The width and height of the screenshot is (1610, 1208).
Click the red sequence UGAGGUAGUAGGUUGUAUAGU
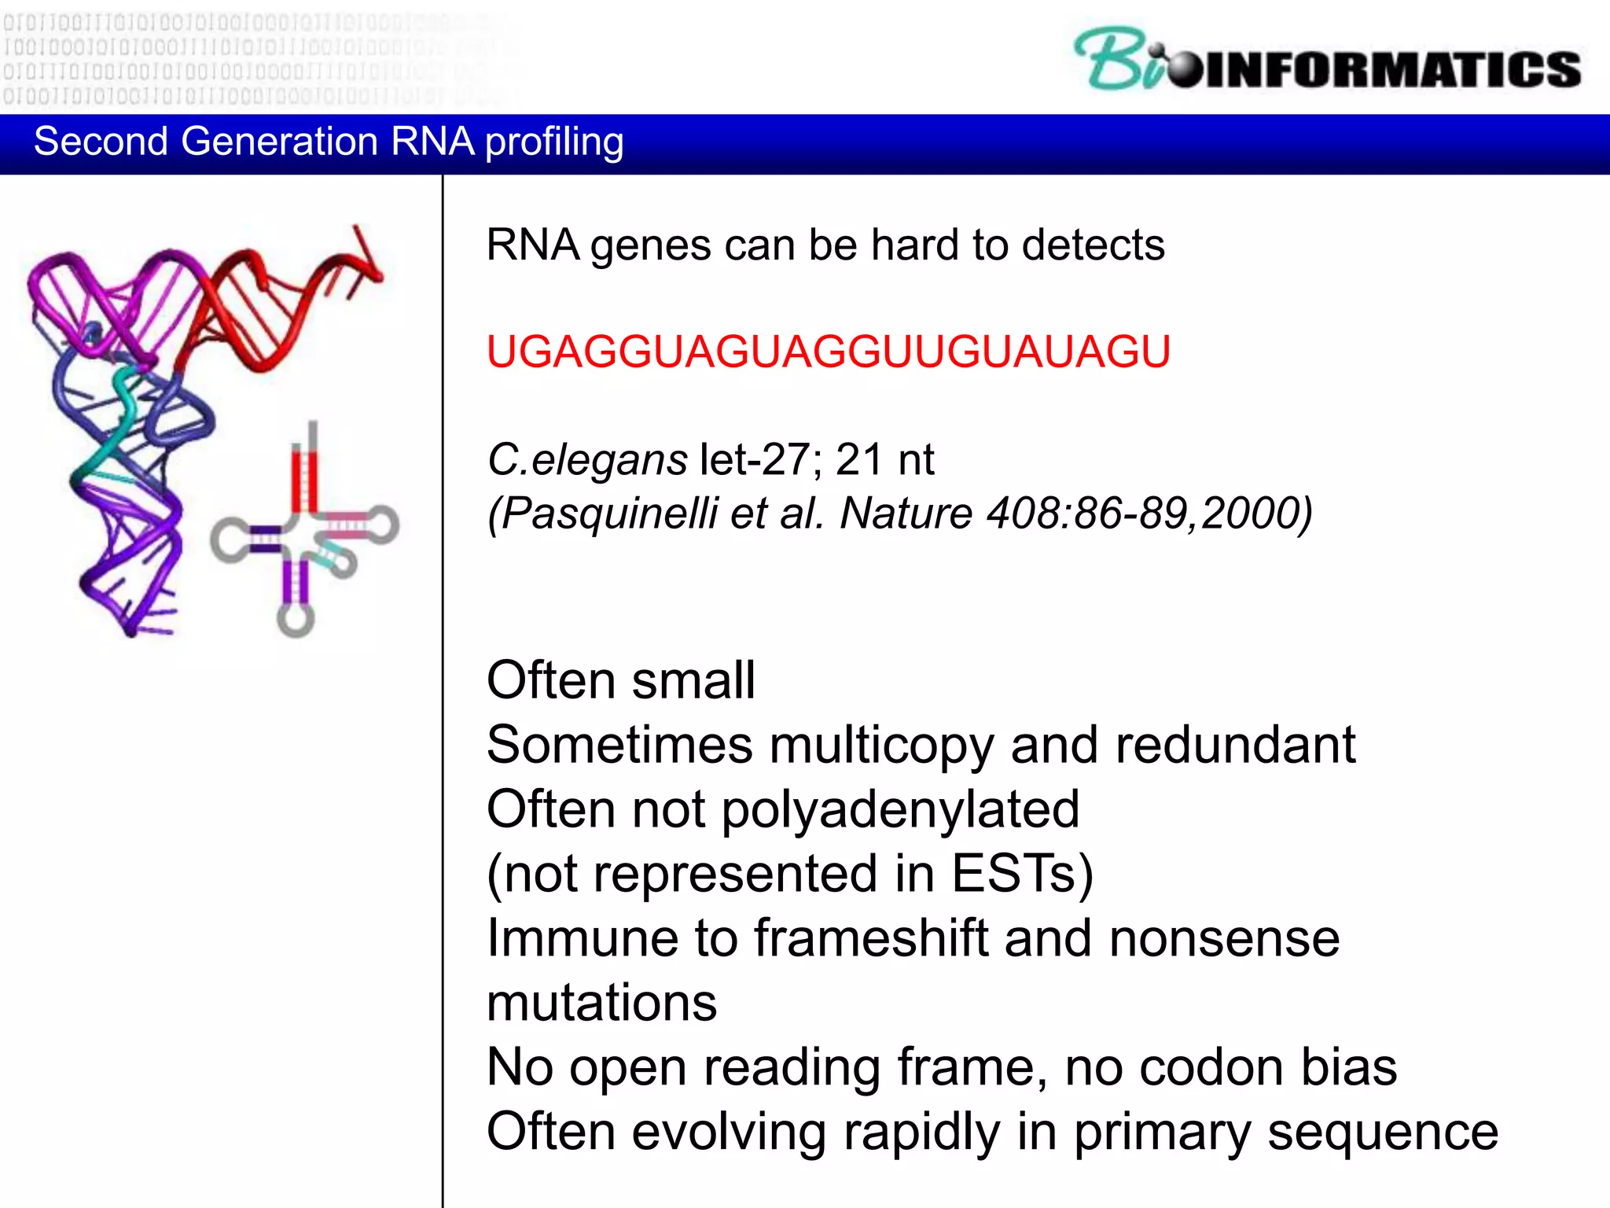[828, 352]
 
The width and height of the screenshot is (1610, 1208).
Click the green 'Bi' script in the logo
[1116, 61]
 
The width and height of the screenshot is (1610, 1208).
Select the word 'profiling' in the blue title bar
[554, 142]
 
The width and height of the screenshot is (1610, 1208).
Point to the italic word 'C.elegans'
[587, 459]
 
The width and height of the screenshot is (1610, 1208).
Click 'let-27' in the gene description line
[754, 459]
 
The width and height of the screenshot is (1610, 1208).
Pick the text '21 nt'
[884, 459]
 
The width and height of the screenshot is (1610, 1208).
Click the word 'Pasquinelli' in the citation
[608, 514]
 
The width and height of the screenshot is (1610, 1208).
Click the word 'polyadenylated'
[900, 809]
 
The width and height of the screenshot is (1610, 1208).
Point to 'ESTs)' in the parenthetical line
[1022, 874]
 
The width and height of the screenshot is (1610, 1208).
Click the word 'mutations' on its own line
[601, 1003]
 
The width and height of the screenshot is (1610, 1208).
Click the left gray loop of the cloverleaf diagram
[229, 540]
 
